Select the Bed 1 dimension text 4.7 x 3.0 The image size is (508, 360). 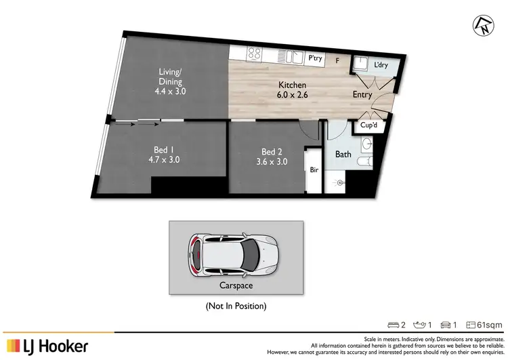[161, 161]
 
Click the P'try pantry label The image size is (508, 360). [314, 59]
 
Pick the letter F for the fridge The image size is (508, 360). [337, 60]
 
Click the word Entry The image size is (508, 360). [362, 95]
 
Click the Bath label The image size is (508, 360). [343, 155]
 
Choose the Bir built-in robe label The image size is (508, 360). [314, 171]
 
